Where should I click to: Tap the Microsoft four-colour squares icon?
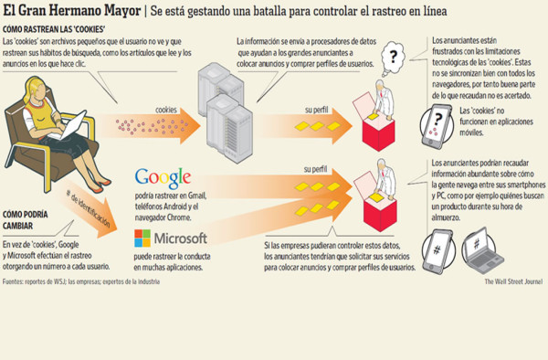(144, 240)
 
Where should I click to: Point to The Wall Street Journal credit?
(513, 281)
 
